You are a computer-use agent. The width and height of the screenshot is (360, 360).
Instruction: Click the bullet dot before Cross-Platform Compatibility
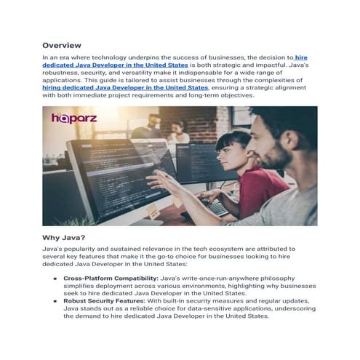coord(55,279)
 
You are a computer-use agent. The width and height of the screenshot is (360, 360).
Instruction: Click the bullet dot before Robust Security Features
coord(55,301)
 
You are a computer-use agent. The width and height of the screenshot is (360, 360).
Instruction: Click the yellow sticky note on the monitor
coord(152,211)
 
